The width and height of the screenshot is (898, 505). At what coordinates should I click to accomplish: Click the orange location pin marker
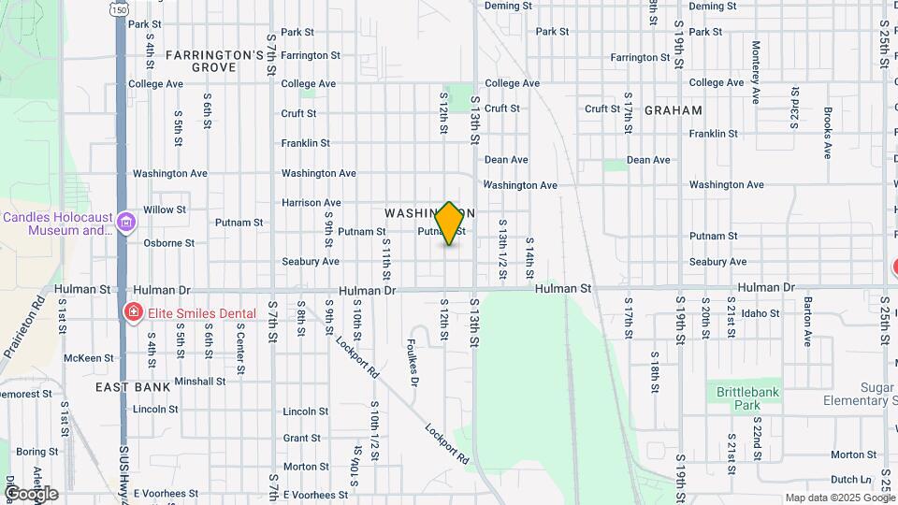tap(449, 224)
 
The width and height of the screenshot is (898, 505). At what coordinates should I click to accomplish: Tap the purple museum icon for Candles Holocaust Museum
tap(126, 223)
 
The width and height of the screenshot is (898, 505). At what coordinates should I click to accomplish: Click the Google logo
tap(30, 494)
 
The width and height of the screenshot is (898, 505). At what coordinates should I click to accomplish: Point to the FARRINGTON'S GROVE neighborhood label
tap(214, 61)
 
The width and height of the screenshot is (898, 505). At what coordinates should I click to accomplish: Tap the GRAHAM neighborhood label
tap(673, 109)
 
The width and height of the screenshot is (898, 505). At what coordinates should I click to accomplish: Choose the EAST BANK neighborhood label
tap(133, 386)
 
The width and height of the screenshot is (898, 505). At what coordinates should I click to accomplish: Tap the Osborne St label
tap(168, 242)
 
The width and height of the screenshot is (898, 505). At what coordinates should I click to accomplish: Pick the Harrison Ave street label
tap(311, 202)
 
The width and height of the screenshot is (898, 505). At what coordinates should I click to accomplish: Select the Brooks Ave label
tap(828, 132)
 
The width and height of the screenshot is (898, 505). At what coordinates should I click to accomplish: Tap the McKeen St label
tap(89, 358)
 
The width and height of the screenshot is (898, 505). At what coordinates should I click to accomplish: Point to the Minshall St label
tap(199, 382)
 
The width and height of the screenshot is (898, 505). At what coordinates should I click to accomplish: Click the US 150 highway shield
tap(119, 8)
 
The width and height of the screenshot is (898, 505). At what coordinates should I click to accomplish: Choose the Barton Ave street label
tap(805, 317)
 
